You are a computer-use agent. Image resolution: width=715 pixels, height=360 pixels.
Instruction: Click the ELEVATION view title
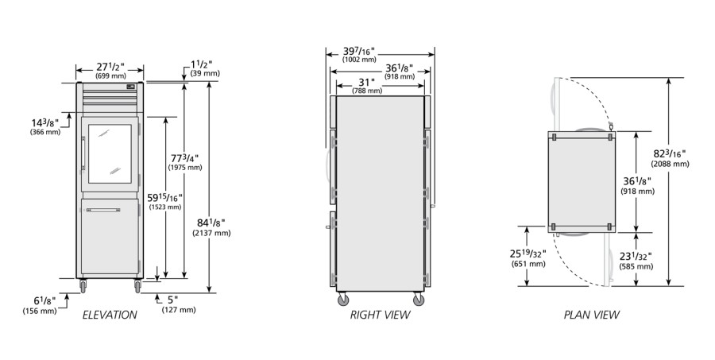[x=110, y=315]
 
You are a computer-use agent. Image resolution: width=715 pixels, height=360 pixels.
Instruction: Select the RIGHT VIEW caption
[x=380, y=315]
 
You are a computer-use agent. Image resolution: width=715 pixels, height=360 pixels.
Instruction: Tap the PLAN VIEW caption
[x=591, y=315]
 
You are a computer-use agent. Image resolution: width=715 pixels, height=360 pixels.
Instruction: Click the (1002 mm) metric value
[x=359, y=60]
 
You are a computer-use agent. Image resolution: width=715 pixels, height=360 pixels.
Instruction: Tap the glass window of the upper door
[x=110, y=153]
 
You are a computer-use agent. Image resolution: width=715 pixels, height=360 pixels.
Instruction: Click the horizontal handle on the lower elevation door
[x=103, y=211]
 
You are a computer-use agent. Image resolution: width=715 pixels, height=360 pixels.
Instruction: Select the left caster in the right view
[x=343, y=300]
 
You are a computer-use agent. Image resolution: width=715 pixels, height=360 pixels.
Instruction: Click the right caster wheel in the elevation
[x=137, y=286]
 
